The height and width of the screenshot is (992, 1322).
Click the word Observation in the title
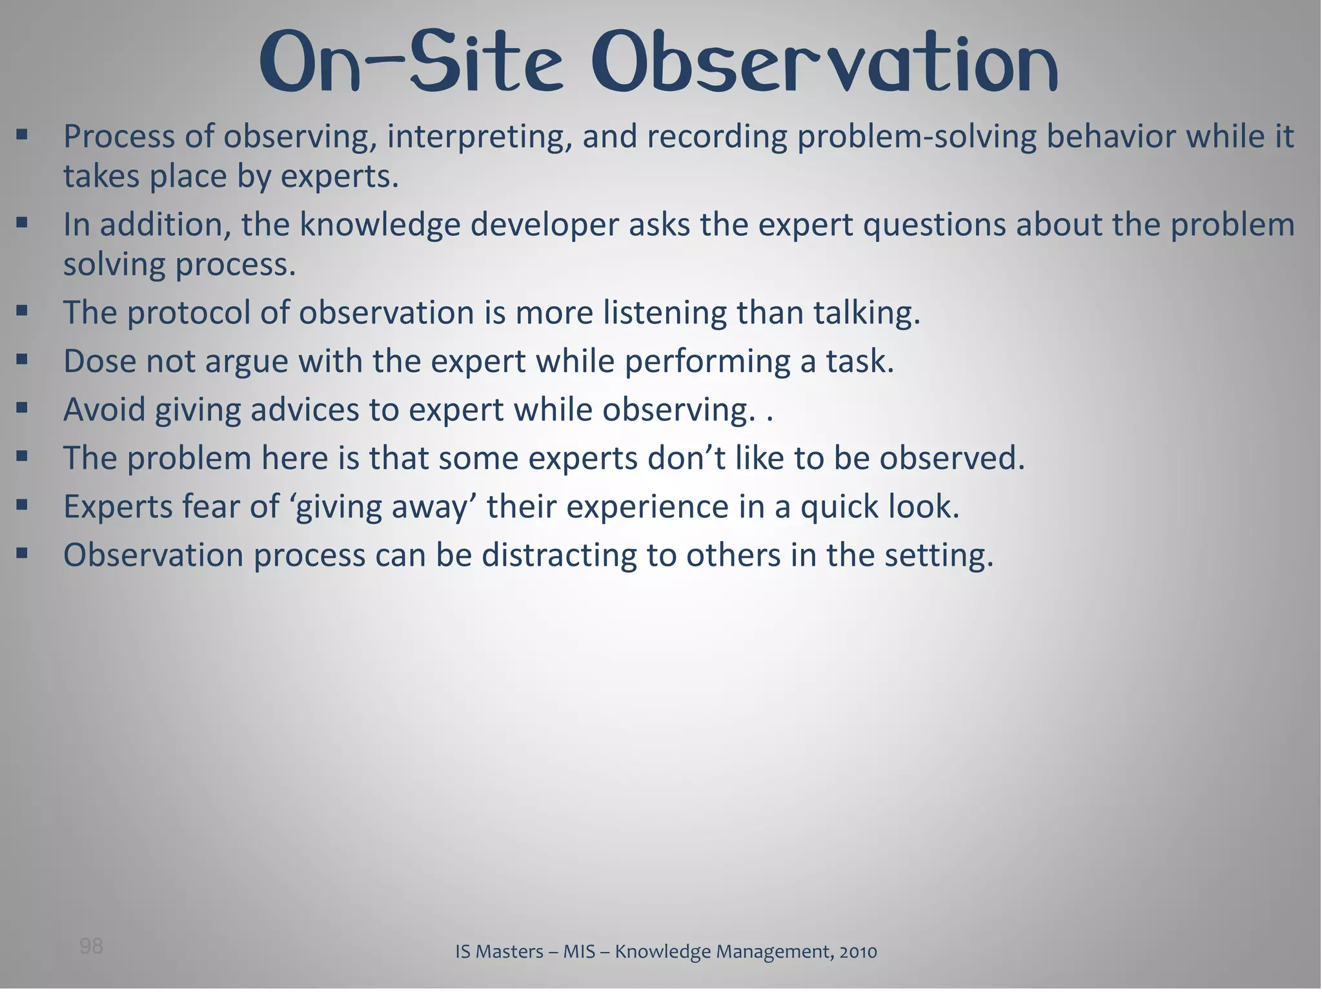pyautogui.click(x=824, y=63)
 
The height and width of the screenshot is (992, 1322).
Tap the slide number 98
pyautogui.click(x=91, y=946)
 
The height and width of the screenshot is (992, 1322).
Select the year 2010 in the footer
pyautogui.click(x=858, y=951)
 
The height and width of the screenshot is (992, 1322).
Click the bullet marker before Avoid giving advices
pyautogui.click(x=23, y=408)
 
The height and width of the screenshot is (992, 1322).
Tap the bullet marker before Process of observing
pyautogui.click(x=23, y=135)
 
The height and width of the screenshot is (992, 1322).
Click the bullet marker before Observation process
pyautogui.click(x=23, y=553)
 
